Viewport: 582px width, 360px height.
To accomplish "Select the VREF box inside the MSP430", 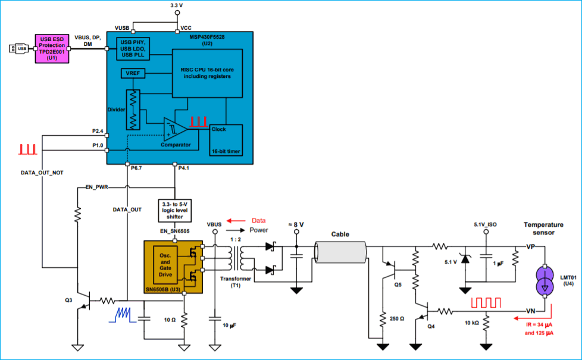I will click(132, 74).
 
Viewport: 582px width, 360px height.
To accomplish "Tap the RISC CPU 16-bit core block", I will click(207, 73).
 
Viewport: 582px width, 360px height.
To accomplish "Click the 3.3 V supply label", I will click(176, 5).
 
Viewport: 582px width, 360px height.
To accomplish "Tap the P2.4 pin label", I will click(98, 131).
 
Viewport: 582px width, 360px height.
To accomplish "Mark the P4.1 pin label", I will click(183, 168).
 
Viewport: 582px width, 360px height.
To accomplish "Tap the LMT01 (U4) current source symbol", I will click(545, 280).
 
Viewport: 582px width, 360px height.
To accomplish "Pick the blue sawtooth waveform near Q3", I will click(124, 315).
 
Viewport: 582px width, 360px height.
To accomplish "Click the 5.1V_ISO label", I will click(486, 225).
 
